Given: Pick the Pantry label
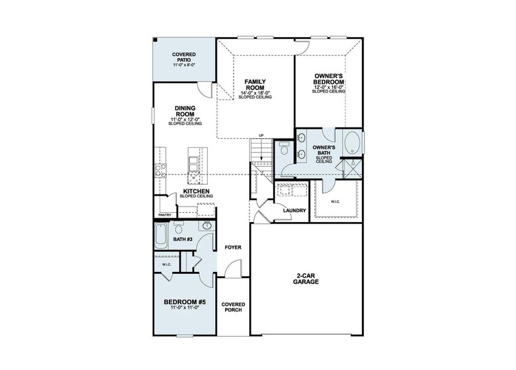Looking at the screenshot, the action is pyautogui.click(x=165, y=215).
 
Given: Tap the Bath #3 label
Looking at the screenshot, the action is pyautogui.click(x=182, y=239).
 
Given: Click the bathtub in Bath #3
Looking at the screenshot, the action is pyautogui.click(x=162, y=236).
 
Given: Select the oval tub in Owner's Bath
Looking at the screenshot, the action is pyautogui.click(x=352, y=143).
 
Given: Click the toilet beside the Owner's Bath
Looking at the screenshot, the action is pyautogui.click(x=283, y=149).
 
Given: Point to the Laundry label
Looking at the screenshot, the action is pyautogui.click(x=295, y=210).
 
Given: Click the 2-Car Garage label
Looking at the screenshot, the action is pyautogui.click(x=306, y=279).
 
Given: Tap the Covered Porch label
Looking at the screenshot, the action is pyautogui.click(x=233, y=307).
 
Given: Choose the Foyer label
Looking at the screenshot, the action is pyautogui.click(x=233, y=247).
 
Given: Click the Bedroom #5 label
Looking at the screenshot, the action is pyautogui.click(x=184, y=302).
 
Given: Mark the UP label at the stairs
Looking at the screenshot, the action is pyautogui.click(x=261, y=136).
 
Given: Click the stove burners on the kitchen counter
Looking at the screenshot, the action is pyautogui.click(x=160, y=171).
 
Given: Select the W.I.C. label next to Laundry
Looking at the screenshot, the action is pyautogui.click(x=335, y=202).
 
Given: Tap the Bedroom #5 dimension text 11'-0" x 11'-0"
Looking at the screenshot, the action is pyautogui.click(x=184, y=308).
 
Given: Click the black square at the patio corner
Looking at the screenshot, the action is pyautogui.click(x=155, y=40).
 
